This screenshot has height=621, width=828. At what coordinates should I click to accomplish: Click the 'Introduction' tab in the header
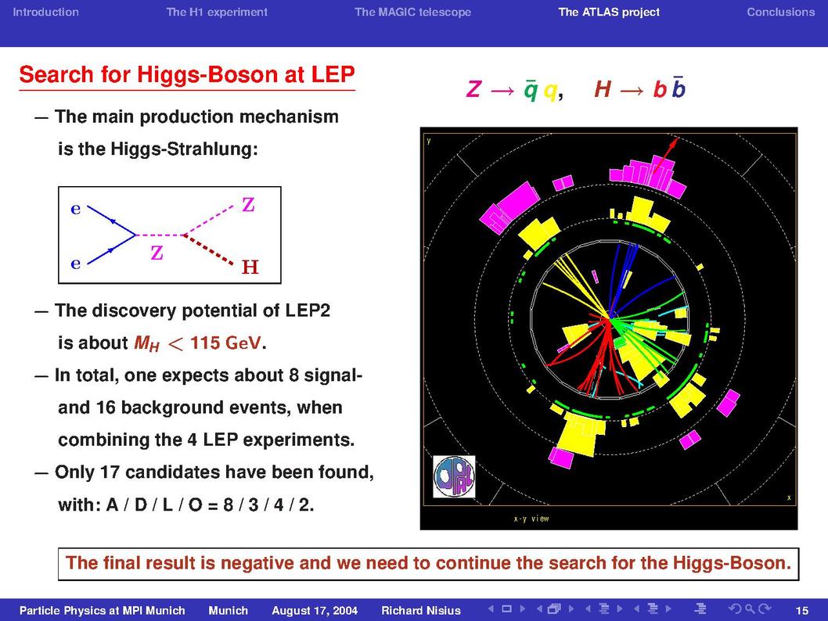45,13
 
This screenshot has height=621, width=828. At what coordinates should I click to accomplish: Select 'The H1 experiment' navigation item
217,13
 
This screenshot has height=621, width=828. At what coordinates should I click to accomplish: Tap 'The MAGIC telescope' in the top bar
412,13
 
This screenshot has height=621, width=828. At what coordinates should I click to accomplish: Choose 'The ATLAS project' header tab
609,13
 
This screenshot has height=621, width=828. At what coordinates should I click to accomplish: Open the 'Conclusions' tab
780,13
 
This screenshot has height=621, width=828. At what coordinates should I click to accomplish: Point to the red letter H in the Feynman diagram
250,267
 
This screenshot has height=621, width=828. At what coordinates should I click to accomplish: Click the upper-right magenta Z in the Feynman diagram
248,204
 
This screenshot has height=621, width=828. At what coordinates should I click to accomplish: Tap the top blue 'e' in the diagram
75,209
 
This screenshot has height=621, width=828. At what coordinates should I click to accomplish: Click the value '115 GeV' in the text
225,343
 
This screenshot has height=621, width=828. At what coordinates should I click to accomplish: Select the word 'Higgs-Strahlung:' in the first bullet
184,149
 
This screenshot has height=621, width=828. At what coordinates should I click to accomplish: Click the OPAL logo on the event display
454,476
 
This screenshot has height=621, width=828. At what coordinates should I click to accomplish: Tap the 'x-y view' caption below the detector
531,519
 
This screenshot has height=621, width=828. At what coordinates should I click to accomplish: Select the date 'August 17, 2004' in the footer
315,611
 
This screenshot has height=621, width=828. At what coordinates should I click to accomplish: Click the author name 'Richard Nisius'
421,611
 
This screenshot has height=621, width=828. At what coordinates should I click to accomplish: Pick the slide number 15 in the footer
801,611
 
